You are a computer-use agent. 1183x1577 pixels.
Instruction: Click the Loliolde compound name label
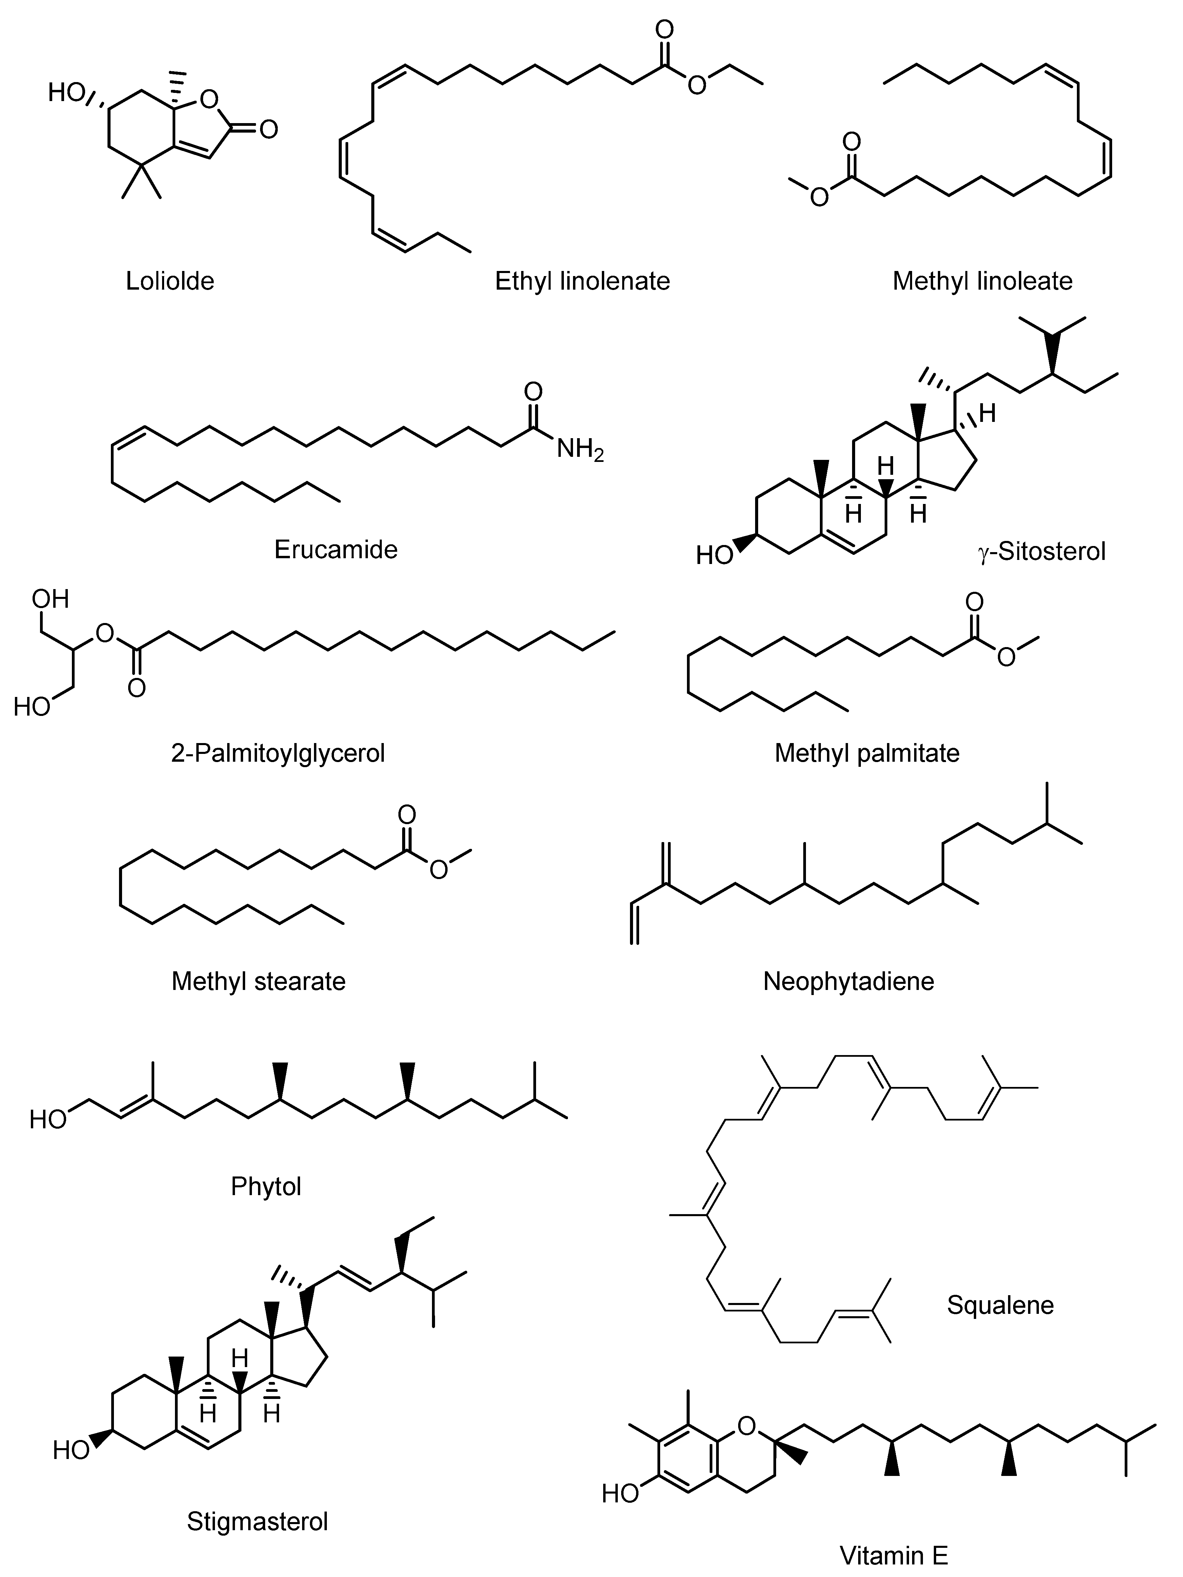170,281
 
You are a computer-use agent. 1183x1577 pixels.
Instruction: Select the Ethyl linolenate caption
582,281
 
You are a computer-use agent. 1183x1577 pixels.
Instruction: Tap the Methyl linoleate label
982,281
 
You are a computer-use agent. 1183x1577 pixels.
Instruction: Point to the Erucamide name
336,550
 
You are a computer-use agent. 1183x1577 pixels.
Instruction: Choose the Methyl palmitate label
867,753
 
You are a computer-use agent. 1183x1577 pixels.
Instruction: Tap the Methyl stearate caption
258,981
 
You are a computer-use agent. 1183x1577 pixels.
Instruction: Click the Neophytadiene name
848,981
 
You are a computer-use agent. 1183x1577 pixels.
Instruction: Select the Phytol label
266,1186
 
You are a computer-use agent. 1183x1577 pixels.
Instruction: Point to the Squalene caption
1000,1305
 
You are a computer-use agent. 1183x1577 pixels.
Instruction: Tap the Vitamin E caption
894,1556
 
